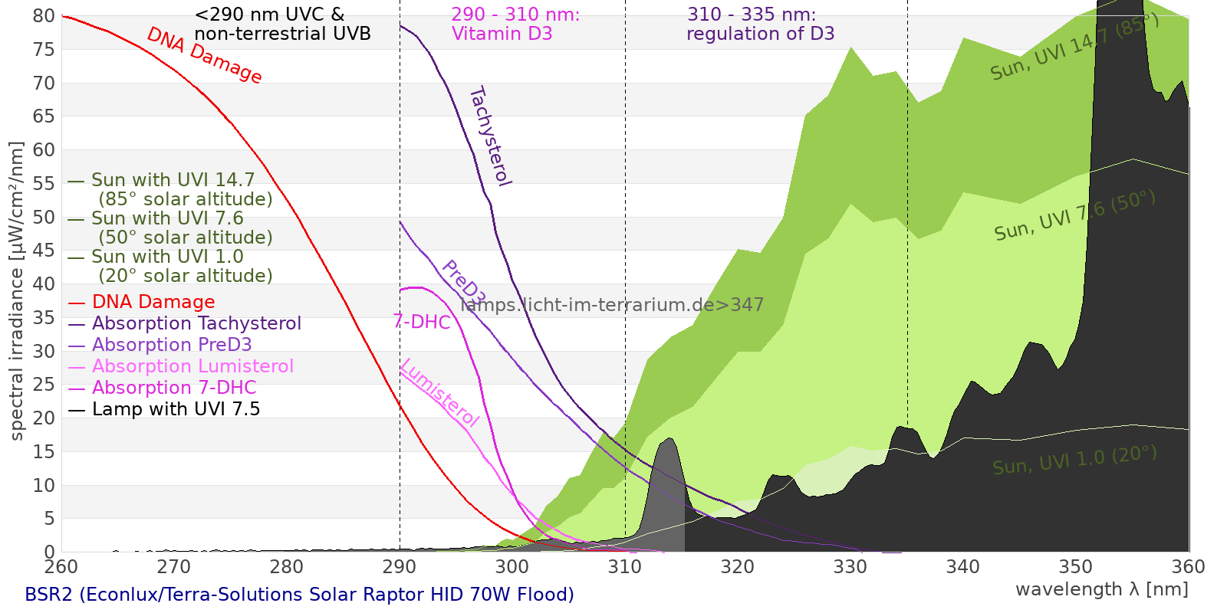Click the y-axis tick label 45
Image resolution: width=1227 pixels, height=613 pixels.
pyautogui.click(x=44, y=251)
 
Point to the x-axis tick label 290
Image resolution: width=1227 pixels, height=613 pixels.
pyautogui.click(x=399, y=567)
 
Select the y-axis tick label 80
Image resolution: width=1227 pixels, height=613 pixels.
pyautogui.click(x=44, y=16)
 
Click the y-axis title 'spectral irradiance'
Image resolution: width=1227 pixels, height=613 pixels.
pyautogui.click(x=17, y=291)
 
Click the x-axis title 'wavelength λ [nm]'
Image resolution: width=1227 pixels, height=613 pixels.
pyautogui.click(x=1101, y=589)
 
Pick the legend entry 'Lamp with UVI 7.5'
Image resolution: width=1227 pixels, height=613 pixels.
pyautogui.click(x=176, y=409)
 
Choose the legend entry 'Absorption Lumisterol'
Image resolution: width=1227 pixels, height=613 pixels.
pyautogui.click(x=192, y=366)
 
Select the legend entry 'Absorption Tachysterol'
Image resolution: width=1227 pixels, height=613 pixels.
pyautogui.click(x=196, y=323)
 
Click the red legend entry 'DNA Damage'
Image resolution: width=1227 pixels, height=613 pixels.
pyautogui.click(x=153, y=302)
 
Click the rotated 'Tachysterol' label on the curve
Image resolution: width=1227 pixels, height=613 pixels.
pyautogui.click(x=490, y=136)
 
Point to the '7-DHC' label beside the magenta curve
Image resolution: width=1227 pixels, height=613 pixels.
pyautogui.click(x=422, y=322)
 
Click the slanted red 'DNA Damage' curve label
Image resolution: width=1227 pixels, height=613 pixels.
pyautogui.click(x=204, y=55)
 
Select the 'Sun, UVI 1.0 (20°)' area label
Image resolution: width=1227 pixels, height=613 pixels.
pyautogui.click(x=1074, y=461)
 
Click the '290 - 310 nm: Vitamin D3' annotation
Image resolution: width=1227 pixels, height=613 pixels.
pyautogui.click(x=515, y=24)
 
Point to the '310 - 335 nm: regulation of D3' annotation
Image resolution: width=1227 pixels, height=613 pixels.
pyautogui.click(x=760, y=24)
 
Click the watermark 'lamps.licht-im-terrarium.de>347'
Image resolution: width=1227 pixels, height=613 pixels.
pyautogui.click(x=612, y=305)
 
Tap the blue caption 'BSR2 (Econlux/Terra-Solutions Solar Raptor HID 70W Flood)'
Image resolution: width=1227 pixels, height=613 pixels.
pyautogui.click(x=299, y=595)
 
